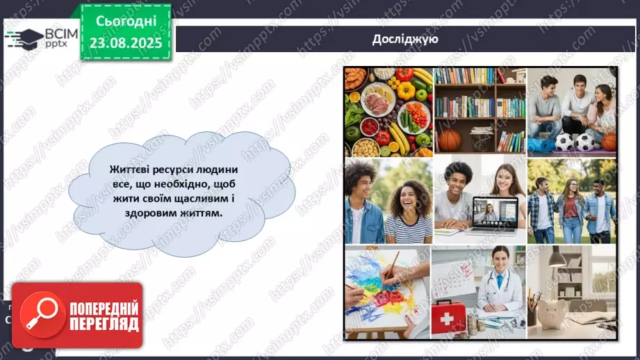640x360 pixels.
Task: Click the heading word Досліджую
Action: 404,39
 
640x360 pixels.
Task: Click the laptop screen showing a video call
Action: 494,211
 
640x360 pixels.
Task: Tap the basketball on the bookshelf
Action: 450,140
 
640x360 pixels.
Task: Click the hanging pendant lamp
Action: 556,257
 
